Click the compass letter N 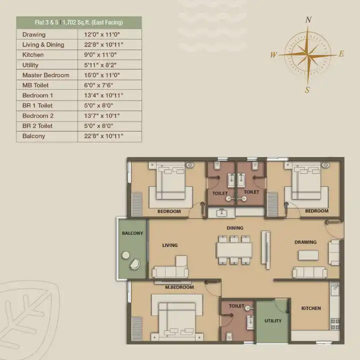pos(308,19)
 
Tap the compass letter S pos(307,90)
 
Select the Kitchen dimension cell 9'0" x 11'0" pos(100,55)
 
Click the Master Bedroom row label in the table pos(45,75)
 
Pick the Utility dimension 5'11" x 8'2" pos(100,65)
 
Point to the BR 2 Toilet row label pos(37,126)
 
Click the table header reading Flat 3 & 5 pos(46,22)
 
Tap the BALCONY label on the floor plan pos(132,233)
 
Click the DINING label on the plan pos(235,228)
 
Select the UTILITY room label pos(273,320)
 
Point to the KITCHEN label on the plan pos(311,308)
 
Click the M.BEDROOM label pos(179,287)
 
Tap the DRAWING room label pos(305,242)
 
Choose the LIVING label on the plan pos(170,245)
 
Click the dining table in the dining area pos(234,250)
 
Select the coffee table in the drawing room pos(308,255)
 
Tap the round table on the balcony pos(126,255)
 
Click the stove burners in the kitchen pos(335,324)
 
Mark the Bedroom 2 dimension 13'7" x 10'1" pos(102,115)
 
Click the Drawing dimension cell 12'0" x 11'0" pos(102,34)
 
